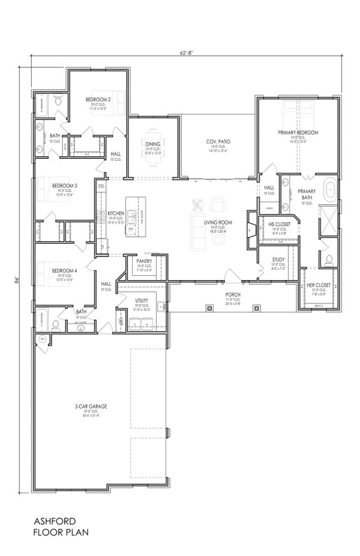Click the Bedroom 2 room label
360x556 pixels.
point(98,99)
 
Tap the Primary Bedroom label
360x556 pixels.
point(298,132)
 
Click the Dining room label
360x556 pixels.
point(152,143)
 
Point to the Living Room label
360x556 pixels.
point(218,223)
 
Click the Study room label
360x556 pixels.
point(278,260)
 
